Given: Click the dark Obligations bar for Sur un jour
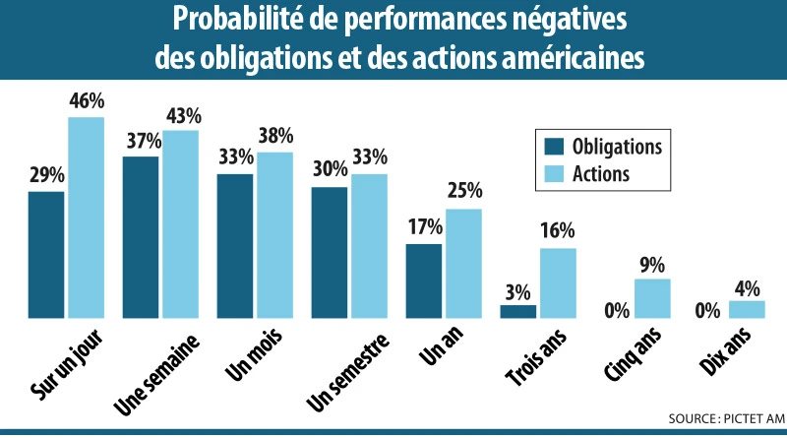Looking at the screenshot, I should [x=46, y=255].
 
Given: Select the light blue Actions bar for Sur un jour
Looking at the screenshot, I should [x=86, y=218].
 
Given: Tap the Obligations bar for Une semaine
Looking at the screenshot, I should [x=141, y=237].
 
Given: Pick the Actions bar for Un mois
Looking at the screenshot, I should [x=274, y=235].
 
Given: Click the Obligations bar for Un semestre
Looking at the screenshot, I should [x=330, y=252].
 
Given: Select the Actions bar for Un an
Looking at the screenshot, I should [x=463, y=264].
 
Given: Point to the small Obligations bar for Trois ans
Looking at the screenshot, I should [x=518, y=312].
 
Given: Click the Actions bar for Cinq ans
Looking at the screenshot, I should [x=652, y=299].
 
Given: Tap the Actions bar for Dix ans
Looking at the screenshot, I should [x=747, y=310].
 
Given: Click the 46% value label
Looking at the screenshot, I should [x=87, y=100].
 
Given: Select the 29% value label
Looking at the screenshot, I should [x=46, y=175].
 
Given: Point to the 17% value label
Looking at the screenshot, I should [x=424, y=227].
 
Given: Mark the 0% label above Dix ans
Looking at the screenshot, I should [x=707, y=310].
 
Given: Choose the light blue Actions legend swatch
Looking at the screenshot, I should [x=554, y=174].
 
